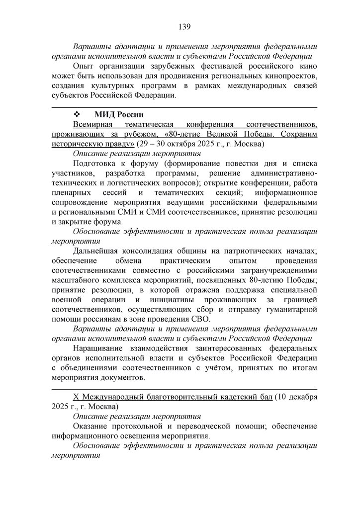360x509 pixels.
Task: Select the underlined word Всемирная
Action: pos(93,125)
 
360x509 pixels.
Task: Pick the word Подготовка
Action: pos(95,163)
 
